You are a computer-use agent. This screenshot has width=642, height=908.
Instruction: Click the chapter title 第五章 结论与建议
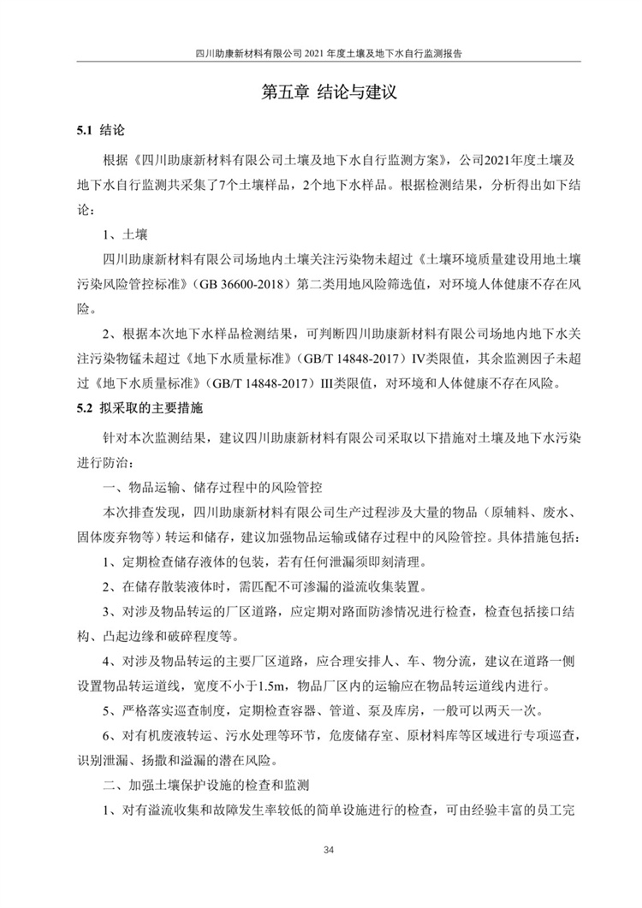[x=321, y=92]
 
